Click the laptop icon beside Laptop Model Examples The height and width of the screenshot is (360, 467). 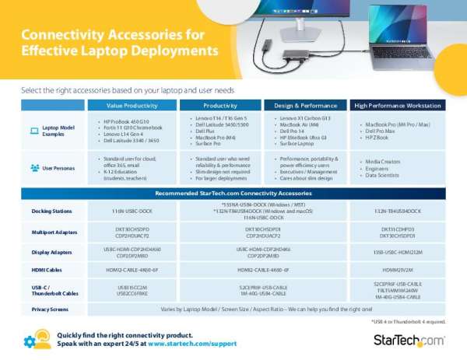tap(33, 131)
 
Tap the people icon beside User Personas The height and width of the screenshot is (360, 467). tap(33, 167)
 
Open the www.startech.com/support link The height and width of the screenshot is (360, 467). tap(191, 342)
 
